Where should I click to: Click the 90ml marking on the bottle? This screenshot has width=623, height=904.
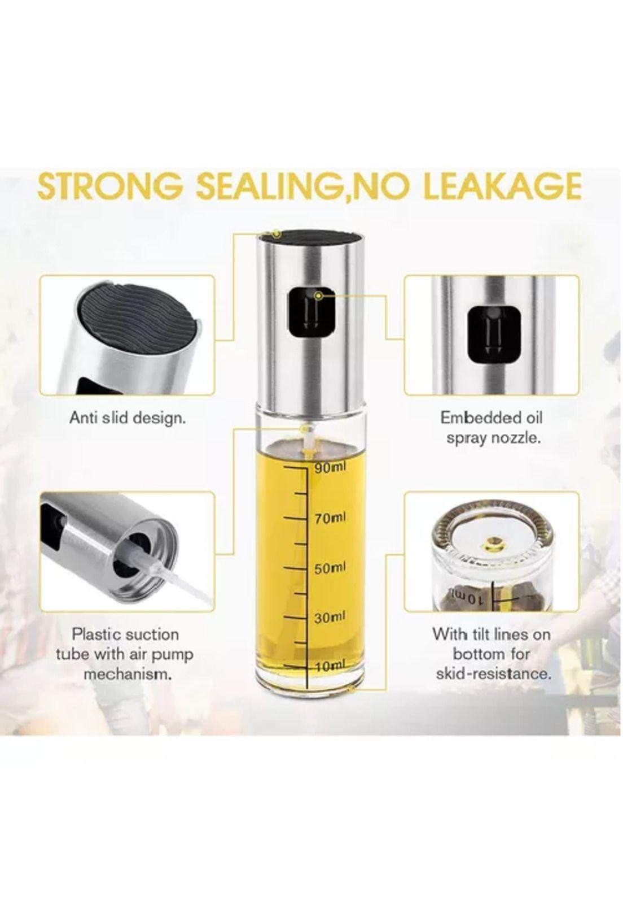coord(331,467)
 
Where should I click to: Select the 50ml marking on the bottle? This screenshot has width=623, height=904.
coord(331,568)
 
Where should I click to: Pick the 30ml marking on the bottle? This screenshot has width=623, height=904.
coord(331,618)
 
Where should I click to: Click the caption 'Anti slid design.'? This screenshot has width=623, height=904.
coord(128,419)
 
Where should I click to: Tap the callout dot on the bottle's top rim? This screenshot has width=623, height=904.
coord(277,234)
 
